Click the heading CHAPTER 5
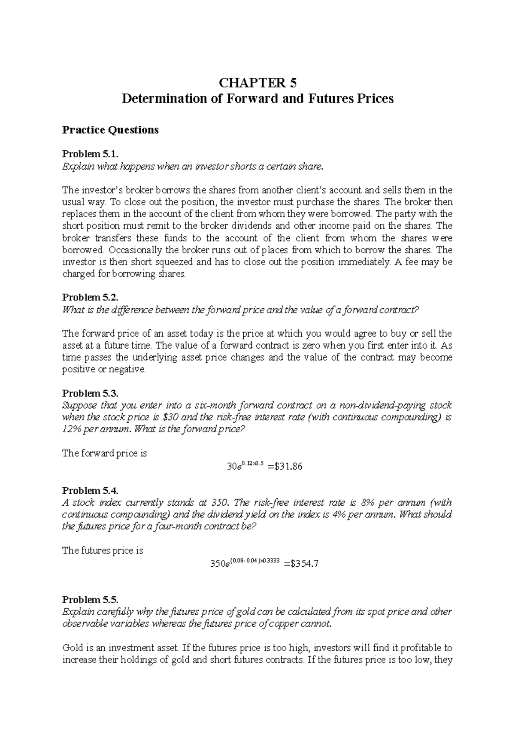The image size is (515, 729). (x=257, y=82)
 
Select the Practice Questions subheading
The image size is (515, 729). (x=110, y=130)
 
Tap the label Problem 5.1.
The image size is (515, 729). (x=90, y=154)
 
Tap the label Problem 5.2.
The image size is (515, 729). (x=90, y=298)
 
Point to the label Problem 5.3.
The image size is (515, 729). (x=90, y=393)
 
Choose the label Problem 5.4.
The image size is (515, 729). (x=90, y=491)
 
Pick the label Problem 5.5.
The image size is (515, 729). (x=90, y=600)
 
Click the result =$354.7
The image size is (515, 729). (x=301, y=564)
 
